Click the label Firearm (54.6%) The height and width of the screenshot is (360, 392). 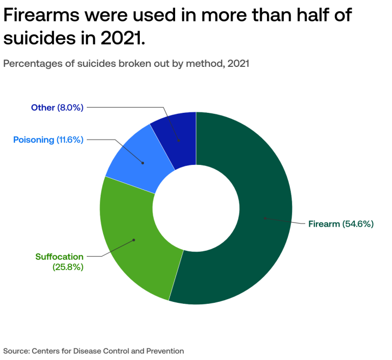pos(341,224)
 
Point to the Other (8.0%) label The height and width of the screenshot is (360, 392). pos(57,108)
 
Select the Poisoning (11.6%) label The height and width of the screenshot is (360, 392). pos(48,140)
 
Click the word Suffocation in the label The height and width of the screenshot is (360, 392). pos(60,257)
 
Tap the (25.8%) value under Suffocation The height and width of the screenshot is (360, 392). pos(68,267)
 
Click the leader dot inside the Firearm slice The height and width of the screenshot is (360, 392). pos(265,218)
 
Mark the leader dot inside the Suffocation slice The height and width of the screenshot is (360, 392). pos(134,240)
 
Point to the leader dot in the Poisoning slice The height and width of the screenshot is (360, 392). pos(143,163)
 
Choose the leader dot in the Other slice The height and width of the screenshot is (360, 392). pos(179,140)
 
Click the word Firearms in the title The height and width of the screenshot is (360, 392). pos(41,15)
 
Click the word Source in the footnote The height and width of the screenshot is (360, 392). pos(16,351)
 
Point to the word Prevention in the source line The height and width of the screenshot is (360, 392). pos(165,351)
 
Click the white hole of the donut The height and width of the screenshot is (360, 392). pos(196,208)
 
